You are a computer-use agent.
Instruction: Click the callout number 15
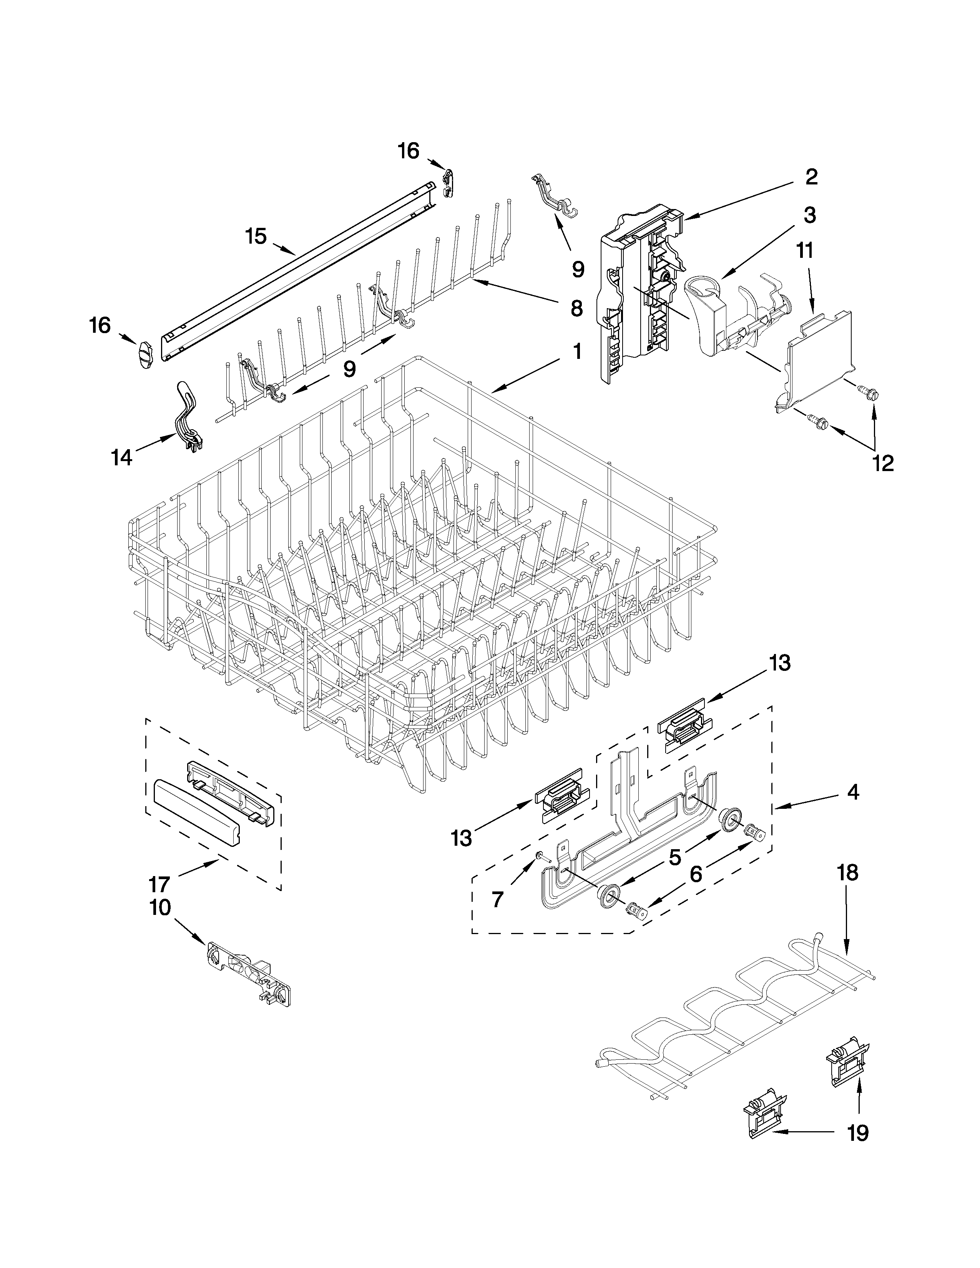[256, 236]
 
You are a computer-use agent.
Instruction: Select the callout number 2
[811, 177]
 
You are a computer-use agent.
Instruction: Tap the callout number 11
[804, 251]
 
